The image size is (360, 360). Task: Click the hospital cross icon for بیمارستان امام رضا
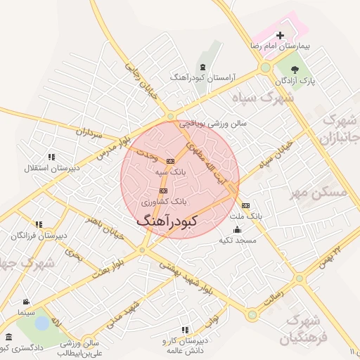pos(281,35)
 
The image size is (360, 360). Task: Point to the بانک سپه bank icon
pos(170,161)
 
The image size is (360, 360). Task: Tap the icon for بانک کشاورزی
pos(164,190)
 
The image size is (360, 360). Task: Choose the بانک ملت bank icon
pos(245,205)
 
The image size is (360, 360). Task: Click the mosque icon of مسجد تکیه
pos(236,230)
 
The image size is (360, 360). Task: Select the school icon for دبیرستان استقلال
pos(51,157)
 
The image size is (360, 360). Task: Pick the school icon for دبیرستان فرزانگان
pos(39,225)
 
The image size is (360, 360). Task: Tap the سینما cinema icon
pos(26,302)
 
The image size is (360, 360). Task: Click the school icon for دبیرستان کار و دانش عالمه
pos(184,330)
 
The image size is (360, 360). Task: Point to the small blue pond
pos(41,323)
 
